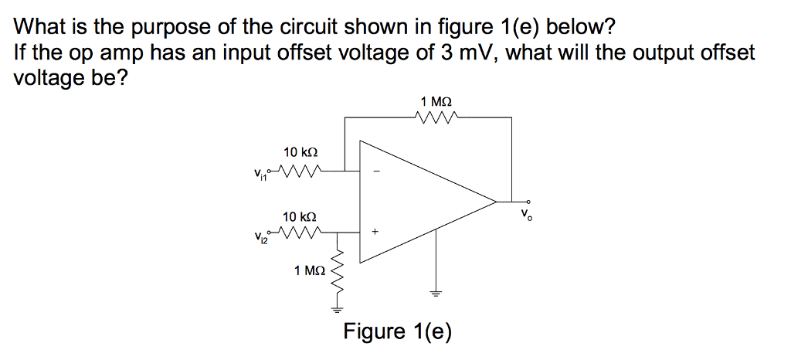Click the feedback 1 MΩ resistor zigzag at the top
[437, 117]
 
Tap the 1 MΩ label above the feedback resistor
[436, 101]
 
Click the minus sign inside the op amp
[377, 172]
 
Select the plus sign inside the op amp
[377, 230]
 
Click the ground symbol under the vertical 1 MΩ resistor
[337, 307]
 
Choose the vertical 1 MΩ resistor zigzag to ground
[337, 274]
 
